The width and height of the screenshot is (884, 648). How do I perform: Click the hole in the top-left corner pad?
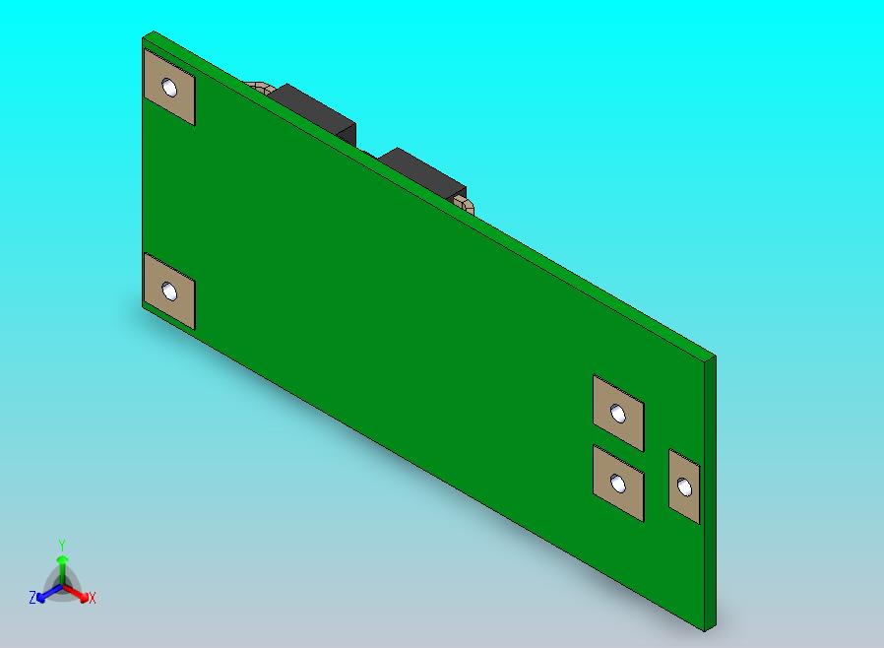(x=170, y=89)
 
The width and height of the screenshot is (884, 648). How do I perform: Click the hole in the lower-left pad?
(x=170, y=292)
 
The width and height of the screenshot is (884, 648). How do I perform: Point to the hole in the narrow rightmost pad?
(x=685, y=487)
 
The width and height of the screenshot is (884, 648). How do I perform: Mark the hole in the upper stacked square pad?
(x=618, y=414)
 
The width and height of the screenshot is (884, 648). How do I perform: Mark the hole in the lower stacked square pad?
(x=618, y=484)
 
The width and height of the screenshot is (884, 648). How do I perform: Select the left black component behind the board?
(x=313, y=111)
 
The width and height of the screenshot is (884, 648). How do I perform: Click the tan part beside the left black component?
(x=260, y=87)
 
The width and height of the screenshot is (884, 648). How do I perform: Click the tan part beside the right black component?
(x=465, y=205)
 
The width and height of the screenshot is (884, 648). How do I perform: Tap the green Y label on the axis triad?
(x=62, y=545)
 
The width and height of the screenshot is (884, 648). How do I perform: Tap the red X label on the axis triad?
(x=92, y=598)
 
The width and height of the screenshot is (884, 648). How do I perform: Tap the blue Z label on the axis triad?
(x=32, y=598)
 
